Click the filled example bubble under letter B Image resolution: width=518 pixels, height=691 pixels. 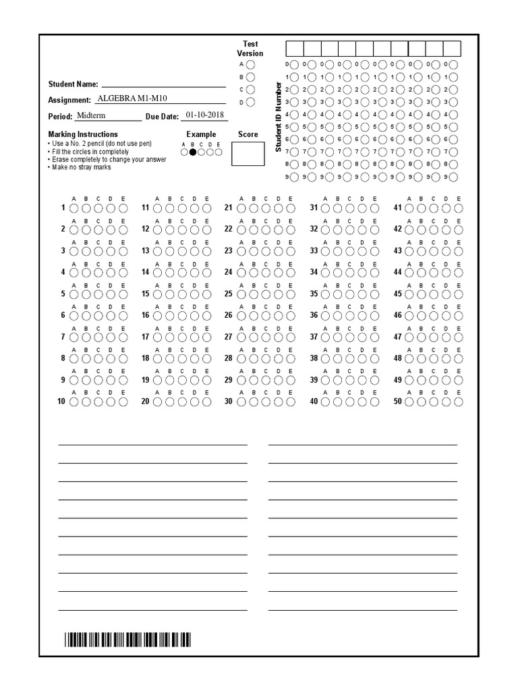click(193, 153)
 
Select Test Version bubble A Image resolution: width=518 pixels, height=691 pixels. click(250, 64)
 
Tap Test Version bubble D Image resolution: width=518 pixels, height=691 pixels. click(250, 103)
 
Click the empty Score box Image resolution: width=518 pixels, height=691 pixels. click(248, 154)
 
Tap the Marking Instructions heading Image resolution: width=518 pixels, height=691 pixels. click(82, 134)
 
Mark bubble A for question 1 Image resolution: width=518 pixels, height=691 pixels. click(74, 208)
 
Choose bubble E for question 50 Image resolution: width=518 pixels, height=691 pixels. click(459, 402)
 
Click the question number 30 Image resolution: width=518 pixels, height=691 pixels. click(228, 402)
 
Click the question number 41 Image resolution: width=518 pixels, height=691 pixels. click(397, 208)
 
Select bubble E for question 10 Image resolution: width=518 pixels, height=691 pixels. click(123, 402)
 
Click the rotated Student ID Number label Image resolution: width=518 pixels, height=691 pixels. click(277, 116)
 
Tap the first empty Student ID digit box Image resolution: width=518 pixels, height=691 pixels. click(295, 48)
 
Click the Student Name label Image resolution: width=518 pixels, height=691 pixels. click(73, 84)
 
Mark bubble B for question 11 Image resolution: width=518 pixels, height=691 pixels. click(169, 208)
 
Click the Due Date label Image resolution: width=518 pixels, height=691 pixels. click(162, 117)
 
